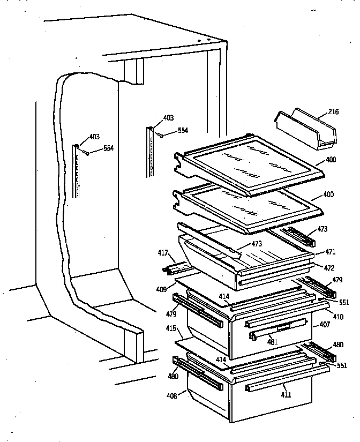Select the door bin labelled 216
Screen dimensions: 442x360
305,129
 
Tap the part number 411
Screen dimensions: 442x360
287,395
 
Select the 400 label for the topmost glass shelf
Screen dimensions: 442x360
331,160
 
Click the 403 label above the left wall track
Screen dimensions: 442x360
94,137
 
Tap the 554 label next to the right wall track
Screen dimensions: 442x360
183,130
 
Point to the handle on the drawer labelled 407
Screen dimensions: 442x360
273,331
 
